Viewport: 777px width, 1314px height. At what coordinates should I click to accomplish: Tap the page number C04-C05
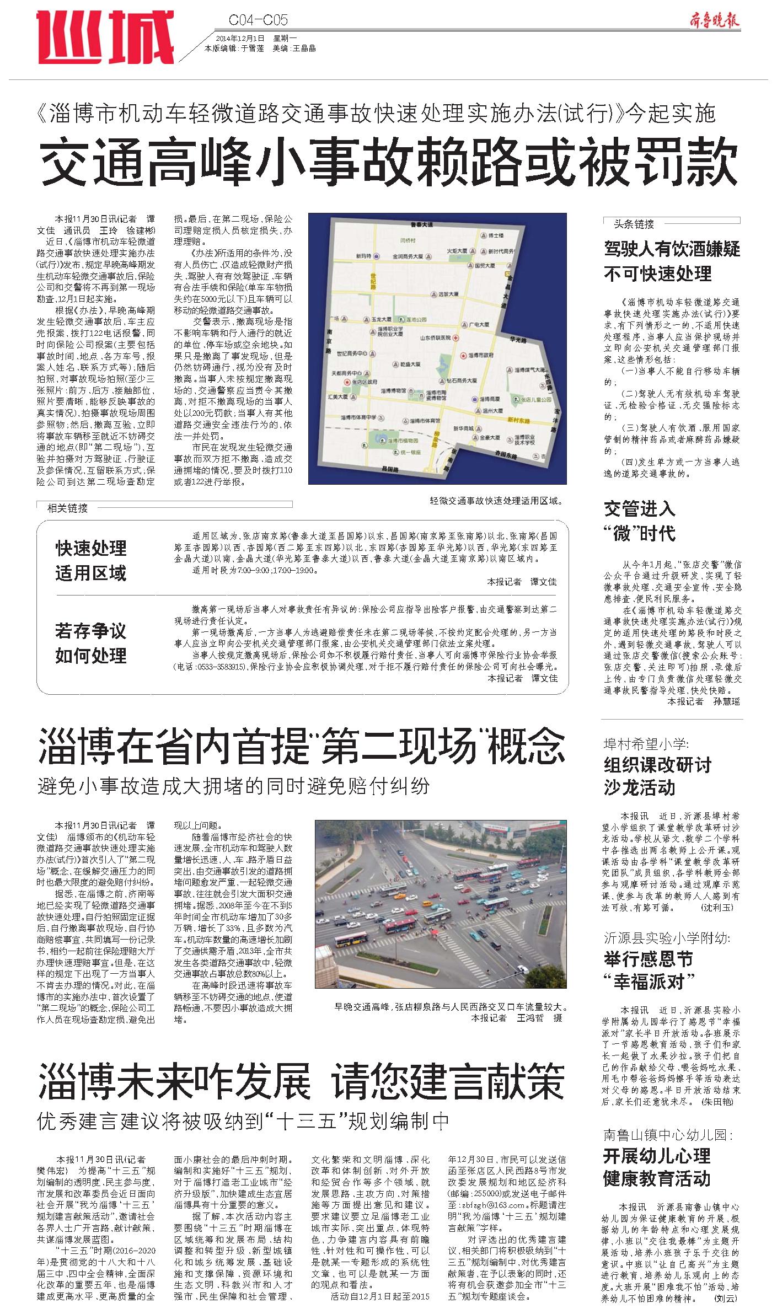[258, 21]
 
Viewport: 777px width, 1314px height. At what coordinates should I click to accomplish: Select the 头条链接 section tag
[634, 224]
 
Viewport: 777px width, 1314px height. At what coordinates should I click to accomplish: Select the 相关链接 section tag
[67, 508]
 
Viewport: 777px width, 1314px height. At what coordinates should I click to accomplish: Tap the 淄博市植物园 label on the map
[401, 441]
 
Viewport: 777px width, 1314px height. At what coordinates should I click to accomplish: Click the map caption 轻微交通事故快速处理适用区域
[496, 501]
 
